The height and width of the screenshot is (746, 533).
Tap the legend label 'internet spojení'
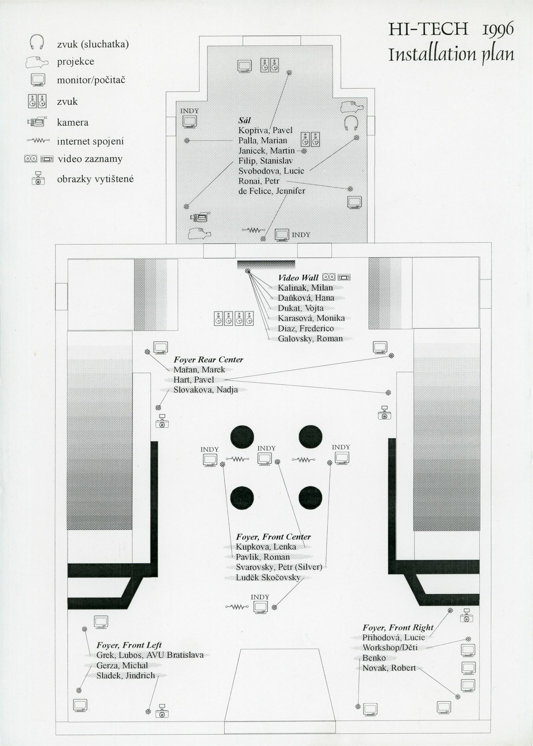90,141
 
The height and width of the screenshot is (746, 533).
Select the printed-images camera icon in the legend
38,178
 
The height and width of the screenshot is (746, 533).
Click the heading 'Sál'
245,120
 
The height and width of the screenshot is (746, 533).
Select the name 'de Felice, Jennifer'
271,191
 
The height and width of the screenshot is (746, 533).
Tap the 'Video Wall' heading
298,277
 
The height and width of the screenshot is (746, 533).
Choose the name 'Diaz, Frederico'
306,328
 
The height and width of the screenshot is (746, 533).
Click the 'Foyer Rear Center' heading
208,360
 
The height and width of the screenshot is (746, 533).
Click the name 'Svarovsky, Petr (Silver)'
279,567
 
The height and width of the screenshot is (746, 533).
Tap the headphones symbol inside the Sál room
351,123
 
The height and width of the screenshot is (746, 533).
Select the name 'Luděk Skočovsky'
268,577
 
